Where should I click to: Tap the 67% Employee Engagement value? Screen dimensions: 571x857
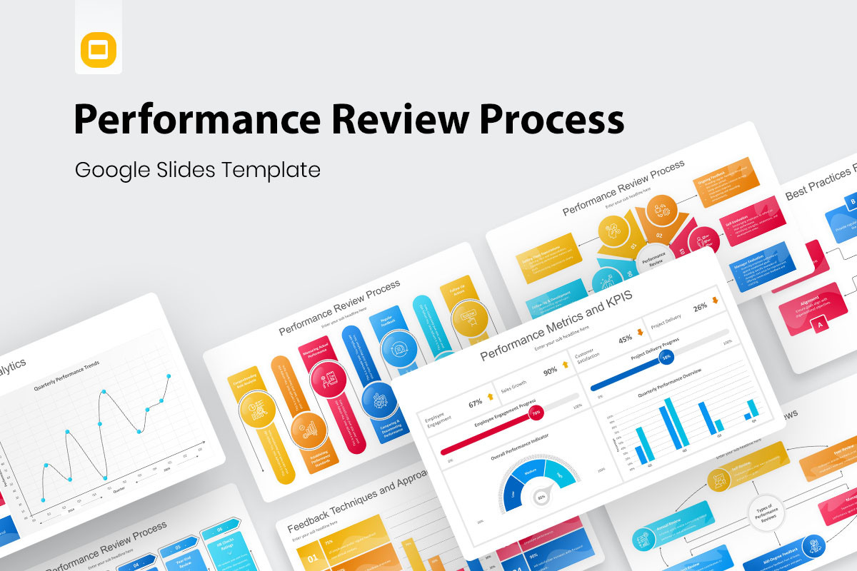tap(476, 403)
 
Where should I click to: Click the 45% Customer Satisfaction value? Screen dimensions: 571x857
tap(625, 338)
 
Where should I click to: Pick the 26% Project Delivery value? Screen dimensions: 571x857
tap(700, 308)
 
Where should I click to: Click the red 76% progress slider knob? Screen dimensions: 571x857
tap(536, 412)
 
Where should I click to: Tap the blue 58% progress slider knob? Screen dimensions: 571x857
tap(666, 356)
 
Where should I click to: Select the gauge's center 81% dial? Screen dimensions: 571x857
tap(541, 496)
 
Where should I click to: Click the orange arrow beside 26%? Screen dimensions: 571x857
tap(715, 300)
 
